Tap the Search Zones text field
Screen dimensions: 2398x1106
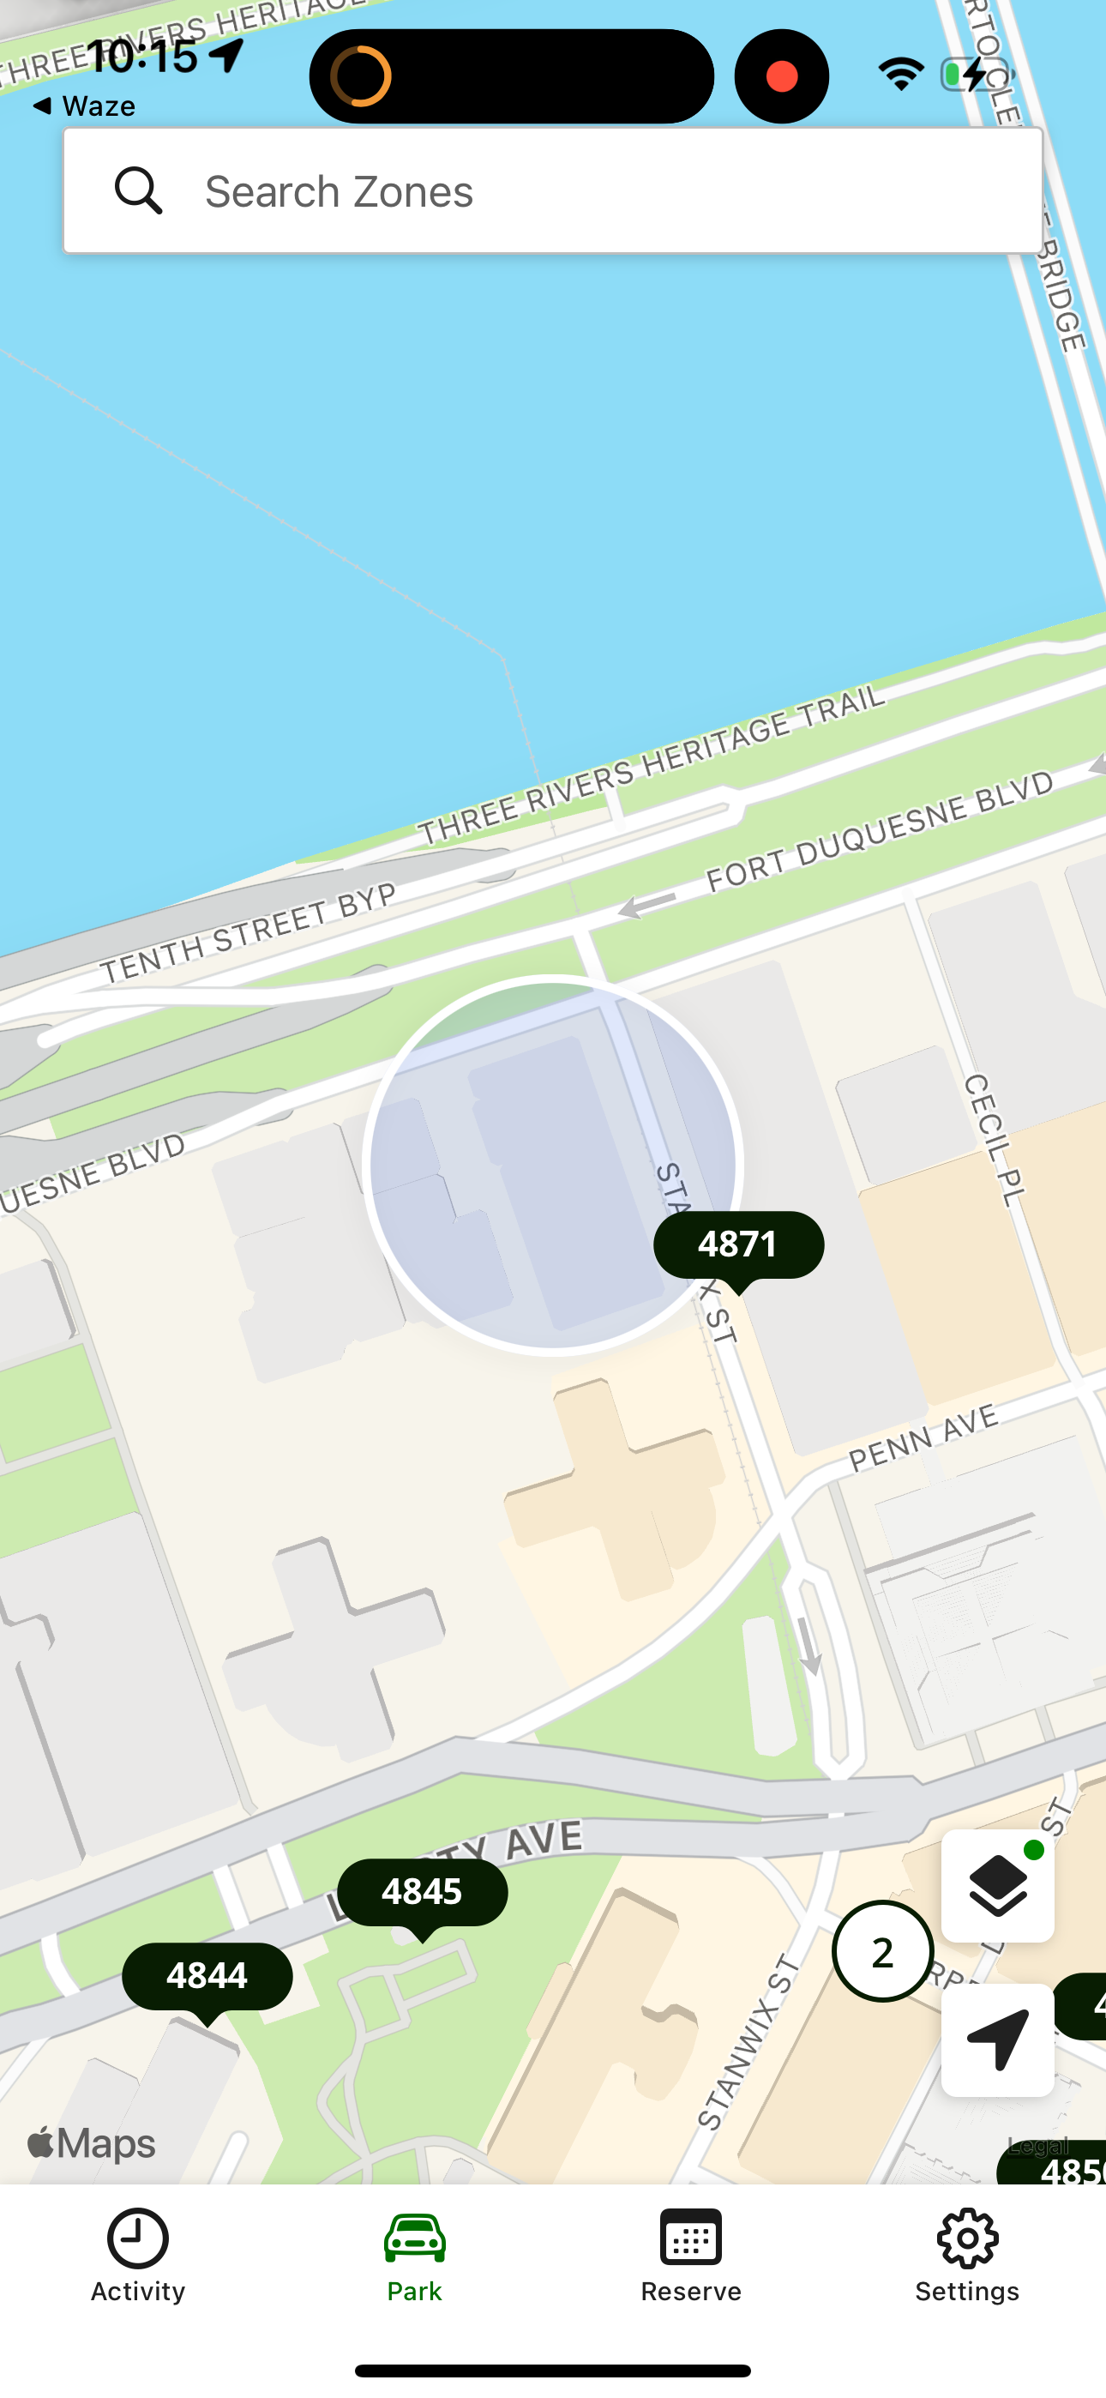596,191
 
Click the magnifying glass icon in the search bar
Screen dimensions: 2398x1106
139,191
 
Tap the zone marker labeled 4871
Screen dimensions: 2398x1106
738,1245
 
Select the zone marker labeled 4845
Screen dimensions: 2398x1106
422,1893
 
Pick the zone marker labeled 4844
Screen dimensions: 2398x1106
207,1976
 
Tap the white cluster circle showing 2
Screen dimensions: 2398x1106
882,1952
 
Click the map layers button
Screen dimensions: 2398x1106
997,1886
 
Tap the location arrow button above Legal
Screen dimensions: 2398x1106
997,2040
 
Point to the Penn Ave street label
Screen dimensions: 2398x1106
923,1439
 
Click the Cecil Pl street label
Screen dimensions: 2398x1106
995,1140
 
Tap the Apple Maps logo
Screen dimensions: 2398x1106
91,2144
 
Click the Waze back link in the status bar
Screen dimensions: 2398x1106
85,106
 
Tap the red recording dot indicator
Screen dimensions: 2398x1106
782,76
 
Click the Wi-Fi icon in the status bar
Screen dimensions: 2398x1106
900,75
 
